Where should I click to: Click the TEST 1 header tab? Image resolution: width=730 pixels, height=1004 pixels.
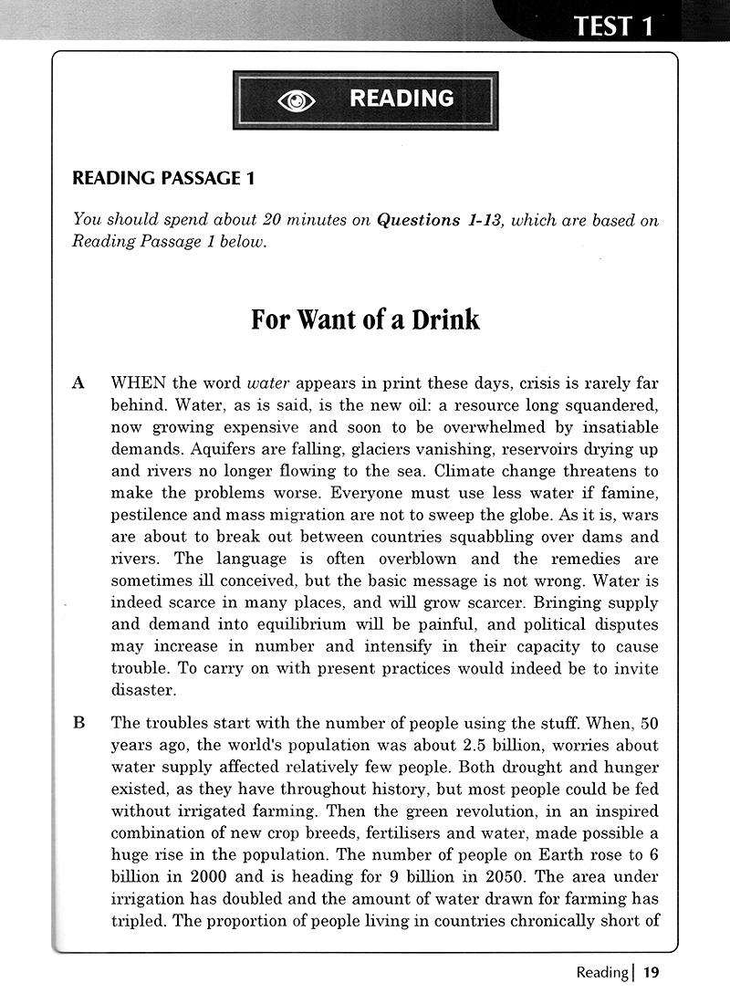(613, 25)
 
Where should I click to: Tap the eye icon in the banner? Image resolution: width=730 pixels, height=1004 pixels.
(296, 99)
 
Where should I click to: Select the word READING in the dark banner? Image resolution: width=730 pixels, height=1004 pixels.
(401, 99)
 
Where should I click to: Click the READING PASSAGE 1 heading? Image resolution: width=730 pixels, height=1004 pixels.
(163, 179)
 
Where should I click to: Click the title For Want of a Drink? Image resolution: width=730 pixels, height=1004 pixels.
(365, 320)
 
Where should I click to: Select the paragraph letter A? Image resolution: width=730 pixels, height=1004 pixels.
(78, 383)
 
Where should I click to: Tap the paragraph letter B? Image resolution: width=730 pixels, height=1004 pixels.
(78, 723)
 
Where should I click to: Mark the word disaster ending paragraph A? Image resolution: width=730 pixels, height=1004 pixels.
(141, 690)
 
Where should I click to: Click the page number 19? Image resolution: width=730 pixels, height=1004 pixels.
(650, 973)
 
